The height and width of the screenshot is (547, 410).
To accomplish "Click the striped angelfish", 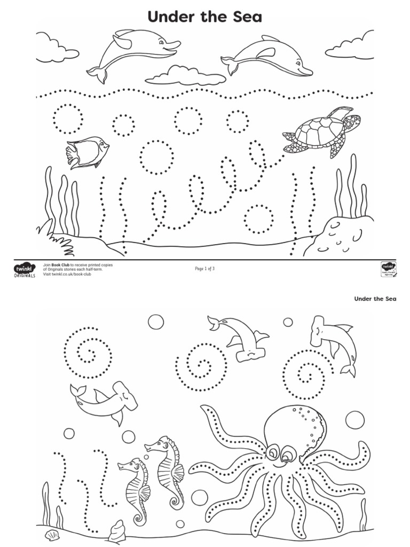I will [x=87, y=152].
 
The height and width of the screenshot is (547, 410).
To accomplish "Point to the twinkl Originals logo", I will [x=24, y=270].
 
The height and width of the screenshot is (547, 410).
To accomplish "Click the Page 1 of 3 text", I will [x=204, y=269].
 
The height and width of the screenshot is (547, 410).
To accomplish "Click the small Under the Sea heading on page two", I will [x=375, y=299].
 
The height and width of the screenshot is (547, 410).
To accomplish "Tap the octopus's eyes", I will [x=280, y=454].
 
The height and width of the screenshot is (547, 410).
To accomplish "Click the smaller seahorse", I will [x=135, y=489].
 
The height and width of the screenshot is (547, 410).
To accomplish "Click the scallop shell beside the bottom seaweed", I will [x=52, y=535].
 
